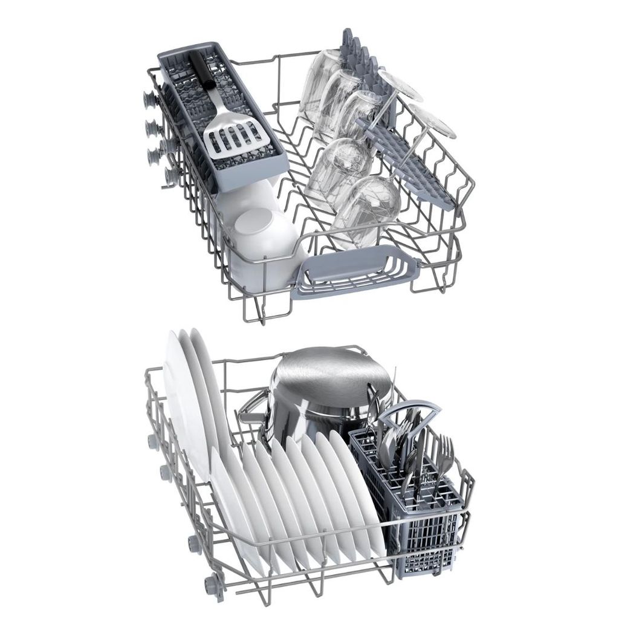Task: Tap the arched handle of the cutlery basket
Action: pos(410,412)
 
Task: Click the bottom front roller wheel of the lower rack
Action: pos(215,583)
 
